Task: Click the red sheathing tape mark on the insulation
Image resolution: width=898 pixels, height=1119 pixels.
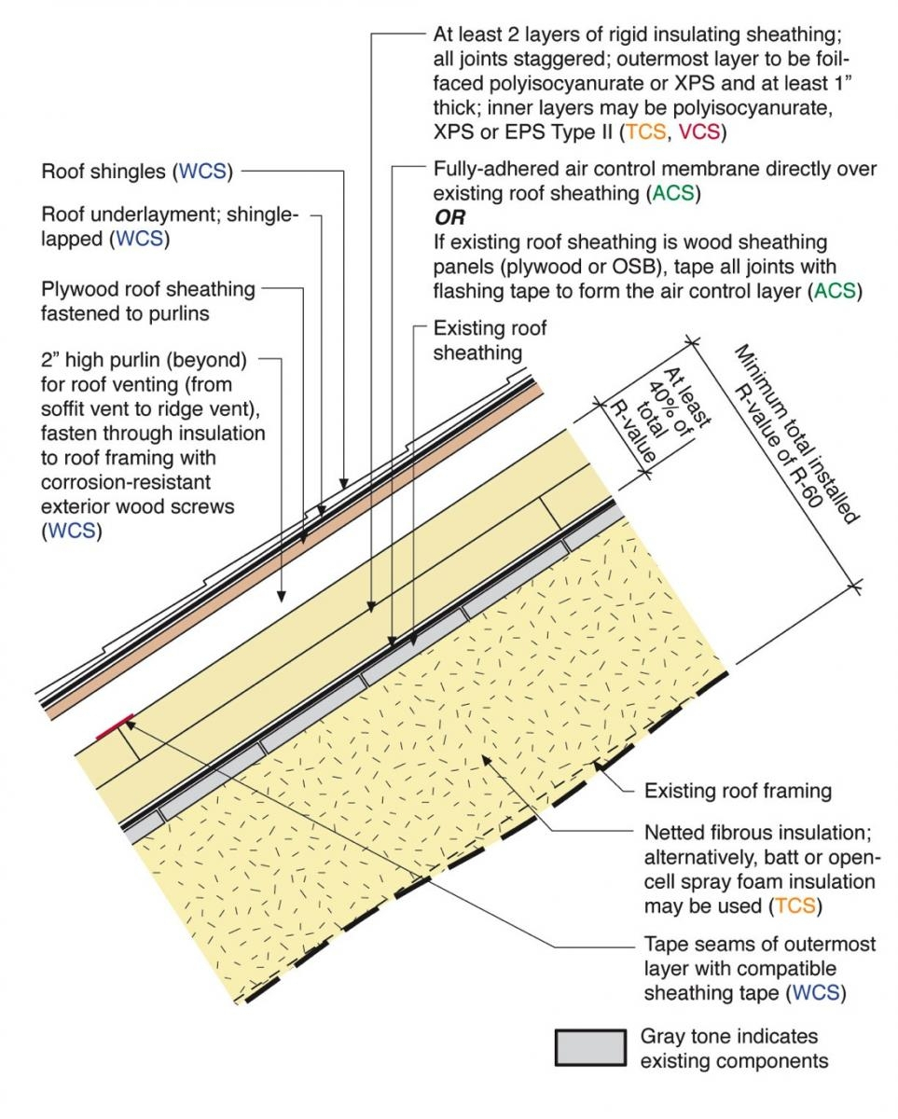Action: click(115, 725)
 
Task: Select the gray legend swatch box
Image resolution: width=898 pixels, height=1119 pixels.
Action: click(589, 1047)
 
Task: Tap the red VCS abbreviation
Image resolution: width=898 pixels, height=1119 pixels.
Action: click(699, 132)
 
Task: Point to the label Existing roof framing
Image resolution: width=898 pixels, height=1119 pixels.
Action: click(737, 792)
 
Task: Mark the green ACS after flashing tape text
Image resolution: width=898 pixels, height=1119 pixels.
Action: click(837, 291)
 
